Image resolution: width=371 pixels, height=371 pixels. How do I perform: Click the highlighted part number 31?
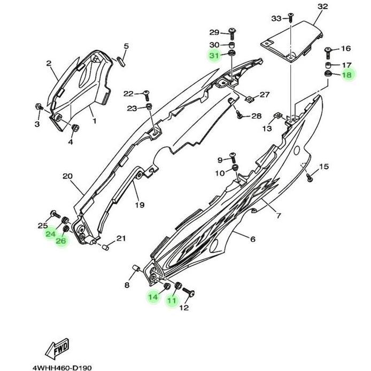click(214, 56)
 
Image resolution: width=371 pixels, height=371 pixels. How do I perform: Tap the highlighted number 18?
click(346, 75)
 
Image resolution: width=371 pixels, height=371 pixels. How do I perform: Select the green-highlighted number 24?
click(50, 234)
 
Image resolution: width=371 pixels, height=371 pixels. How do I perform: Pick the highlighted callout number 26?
click(61, 241)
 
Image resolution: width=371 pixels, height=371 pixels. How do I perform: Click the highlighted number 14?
click(153, 297)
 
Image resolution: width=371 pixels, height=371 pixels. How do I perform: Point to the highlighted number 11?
click(172, 300)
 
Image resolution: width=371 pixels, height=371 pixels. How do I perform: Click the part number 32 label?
click(322, 6)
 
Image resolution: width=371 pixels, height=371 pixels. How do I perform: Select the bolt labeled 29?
click(232, 33)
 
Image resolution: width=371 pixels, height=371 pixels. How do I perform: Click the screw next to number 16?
click(328, 52)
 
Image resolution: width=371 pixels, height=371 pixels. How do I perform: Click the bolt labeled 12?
click(189, 291)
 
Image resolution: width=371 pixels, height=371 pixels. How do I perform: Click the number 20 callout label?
click(67, 176)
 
